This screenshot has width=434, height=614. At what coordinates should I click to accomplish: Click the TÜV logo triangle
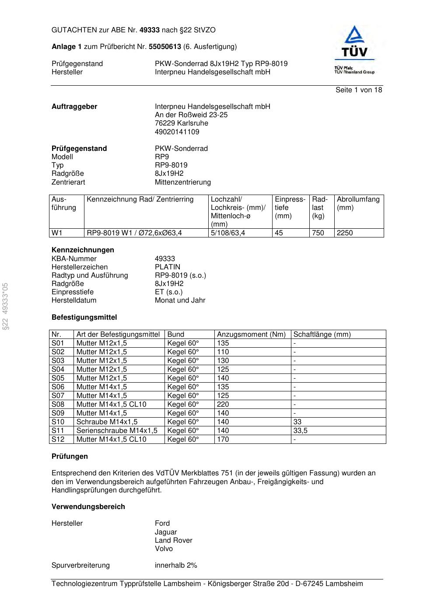[x=353, y=35]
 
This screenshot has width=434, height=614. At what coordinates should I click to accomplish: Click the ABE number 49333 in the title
[x=149, y=30]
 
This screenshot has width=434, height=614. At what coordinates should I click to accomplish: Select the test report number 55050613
[x=165, y=47]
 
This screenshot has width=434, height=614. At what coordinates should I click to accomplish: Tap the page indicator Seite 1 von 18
[x=358, y=90]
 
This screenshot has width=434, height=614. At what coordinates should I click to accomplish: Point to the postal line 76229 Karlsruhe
[x=181, y=123]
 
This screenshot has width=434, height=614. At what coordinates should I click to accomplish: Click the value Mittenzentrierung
[x=182, y=182]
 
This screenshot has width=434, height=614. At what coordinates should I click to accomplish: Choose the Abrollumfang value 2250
[x=345, y=233]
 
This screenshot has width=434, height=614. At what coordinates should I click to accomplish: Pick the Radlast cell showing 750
[x=318, y=233]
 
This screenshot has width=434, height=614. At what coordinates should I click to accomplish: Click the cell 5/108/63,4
[x=227, y=233]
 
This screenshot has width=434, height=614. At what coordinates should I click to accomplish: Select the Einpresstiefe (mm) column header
[x=290, y=208]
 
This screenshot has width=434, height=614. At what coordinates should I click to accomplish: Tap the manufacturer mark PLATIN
[x=167, y=267]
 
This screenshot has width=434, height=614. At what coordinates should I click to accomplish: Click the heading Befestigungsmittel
[x=84, y=317]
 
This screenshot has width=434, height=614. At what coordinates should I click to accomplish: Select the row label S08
[x=58, y=405]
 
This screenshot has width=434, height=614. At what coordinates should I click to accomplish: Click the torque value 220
[x=223, y=405]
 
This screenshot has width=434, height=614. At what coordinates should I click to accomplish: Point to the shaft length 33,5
[x=300, y=431]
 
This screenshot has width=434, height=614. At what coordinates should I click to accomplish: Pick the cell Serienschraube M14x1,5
[x=117, y=431]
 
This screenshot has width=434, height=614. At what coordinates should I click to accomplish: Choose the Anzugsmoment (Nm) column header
[x=251, y=335]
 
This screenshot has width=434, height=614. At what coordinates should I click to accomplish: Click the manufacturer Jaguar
[x=166, y=532]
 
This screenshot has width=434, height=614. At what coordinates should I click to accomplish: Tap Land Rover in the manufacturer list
[x=173, y=541]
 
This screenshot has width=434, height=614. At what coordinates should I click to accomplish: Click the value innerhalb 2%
[x=176, y=565]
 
